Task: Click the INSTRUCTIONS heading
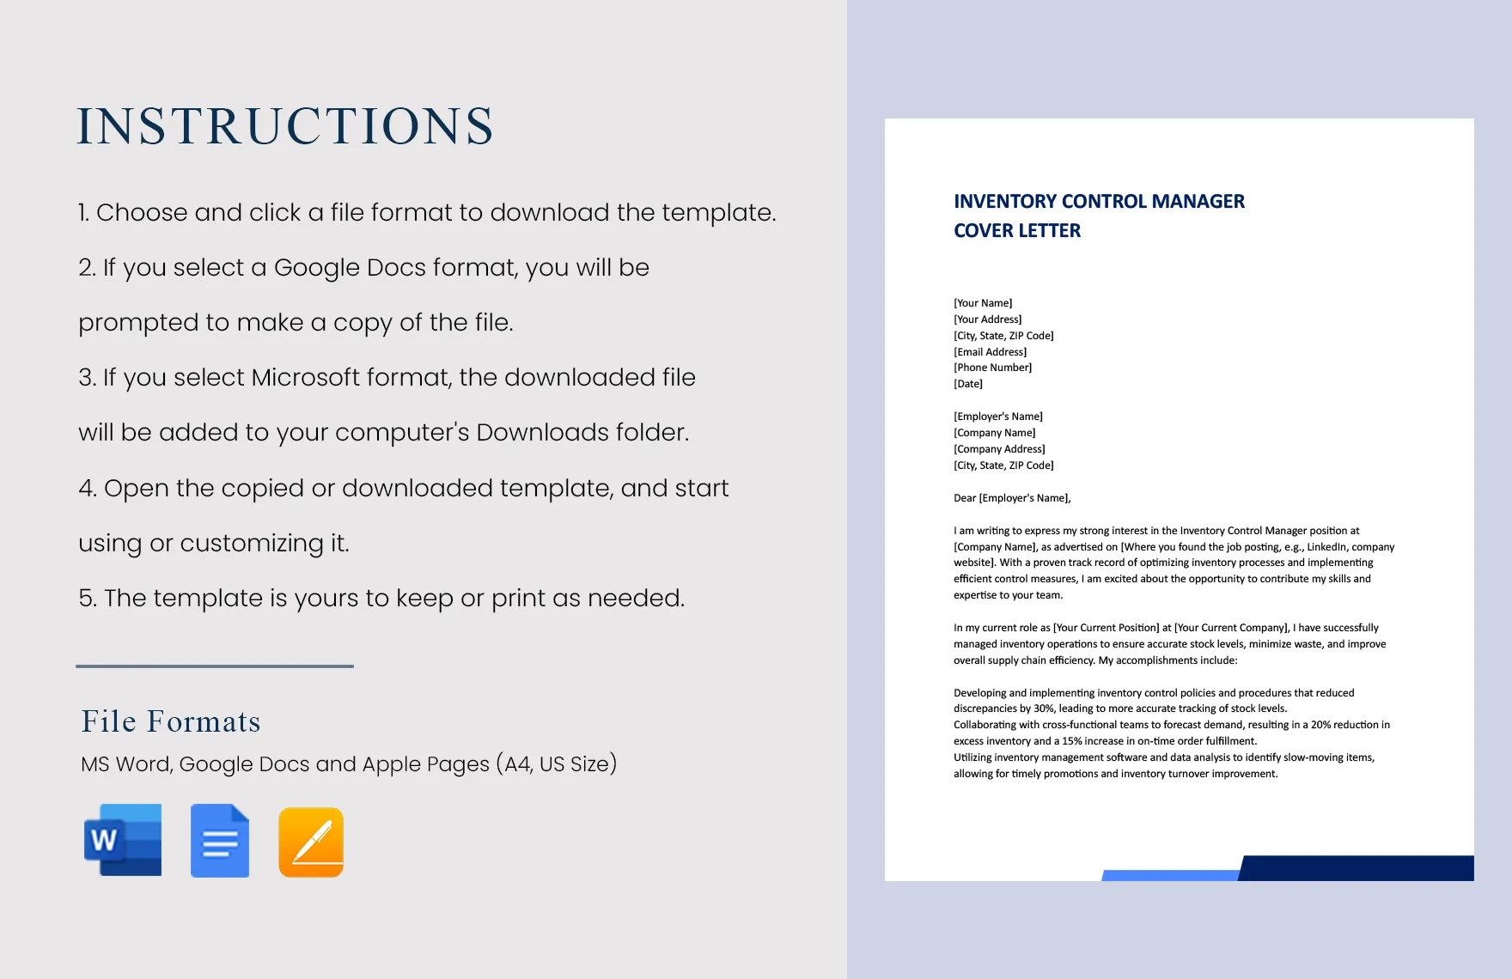coord(285,126)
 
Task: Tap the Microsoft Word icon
coord(123,840)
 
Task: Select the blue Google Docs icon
coord(220,841)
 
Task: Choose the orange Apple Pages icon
coord(311,842)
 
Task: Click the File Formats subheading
coord(170,721)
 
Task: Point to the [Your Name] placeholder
coord(983,303)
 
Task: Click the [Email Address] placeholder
coord(990,352)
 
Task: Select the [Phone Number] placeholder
coord(992,368)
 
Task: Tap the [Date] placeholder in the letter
coord(968,384)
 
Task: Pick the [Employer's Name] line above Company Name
coord(997,417)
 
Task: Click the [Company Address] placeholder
coord(999,449)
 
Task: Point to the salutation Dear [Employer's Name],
coord(1012,498)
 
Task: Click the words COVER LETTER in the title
coord(1017,231)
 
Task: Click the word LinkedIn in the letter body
coord(1326,547)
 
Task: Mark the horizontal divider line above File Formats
coord(215,666)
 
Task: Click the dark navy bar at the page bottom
coord(1357,868)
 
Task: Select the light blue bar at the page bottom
coord(1170,875)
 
